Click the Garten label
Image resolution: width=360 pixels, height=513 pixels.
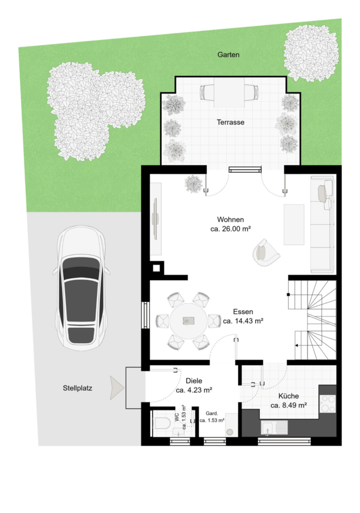pos(228,55)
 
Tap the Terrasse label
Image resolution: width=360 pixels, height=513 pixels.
pos(231,122)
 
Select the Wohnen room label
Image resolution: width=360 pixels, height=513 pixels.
pos(231,219)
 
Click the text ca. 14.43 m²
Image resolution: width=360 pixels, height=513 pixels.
pos(243,321)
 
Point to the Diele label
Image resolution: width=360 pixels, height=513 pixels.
pos(194,381)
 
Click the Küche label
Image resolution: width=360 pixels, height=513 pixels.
pos(289,396)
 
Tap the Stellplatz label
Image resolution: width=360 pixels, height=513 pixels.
pos(77,388)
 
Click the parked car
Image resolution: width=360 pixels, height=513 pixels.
pos(81,288)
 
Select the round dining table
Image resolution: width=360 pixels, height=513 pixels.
pos(189,321)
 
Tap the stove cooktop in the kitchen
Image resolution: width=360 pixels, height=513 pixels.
pos(328,404)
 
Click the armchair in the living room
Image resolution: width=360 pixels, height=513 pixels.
pos(265,253)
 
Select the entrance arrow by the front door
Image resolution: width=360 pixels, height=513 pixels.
pos(117,388)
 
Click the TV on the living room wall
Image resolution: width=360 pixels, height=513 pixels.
pos(156,218)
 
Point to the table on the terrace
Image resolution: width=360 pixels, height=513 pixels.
pos(229,92)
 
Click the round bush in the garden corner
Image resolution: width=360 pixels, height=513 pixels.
pos(310,52)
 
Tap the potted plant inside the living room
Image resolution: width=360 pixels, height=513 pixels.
pos(193,184)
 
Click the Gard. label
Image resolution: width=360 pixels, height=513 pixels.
pos(212,414)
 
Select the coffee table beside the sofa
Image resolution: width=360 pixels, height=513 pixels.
pos(294,225)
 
